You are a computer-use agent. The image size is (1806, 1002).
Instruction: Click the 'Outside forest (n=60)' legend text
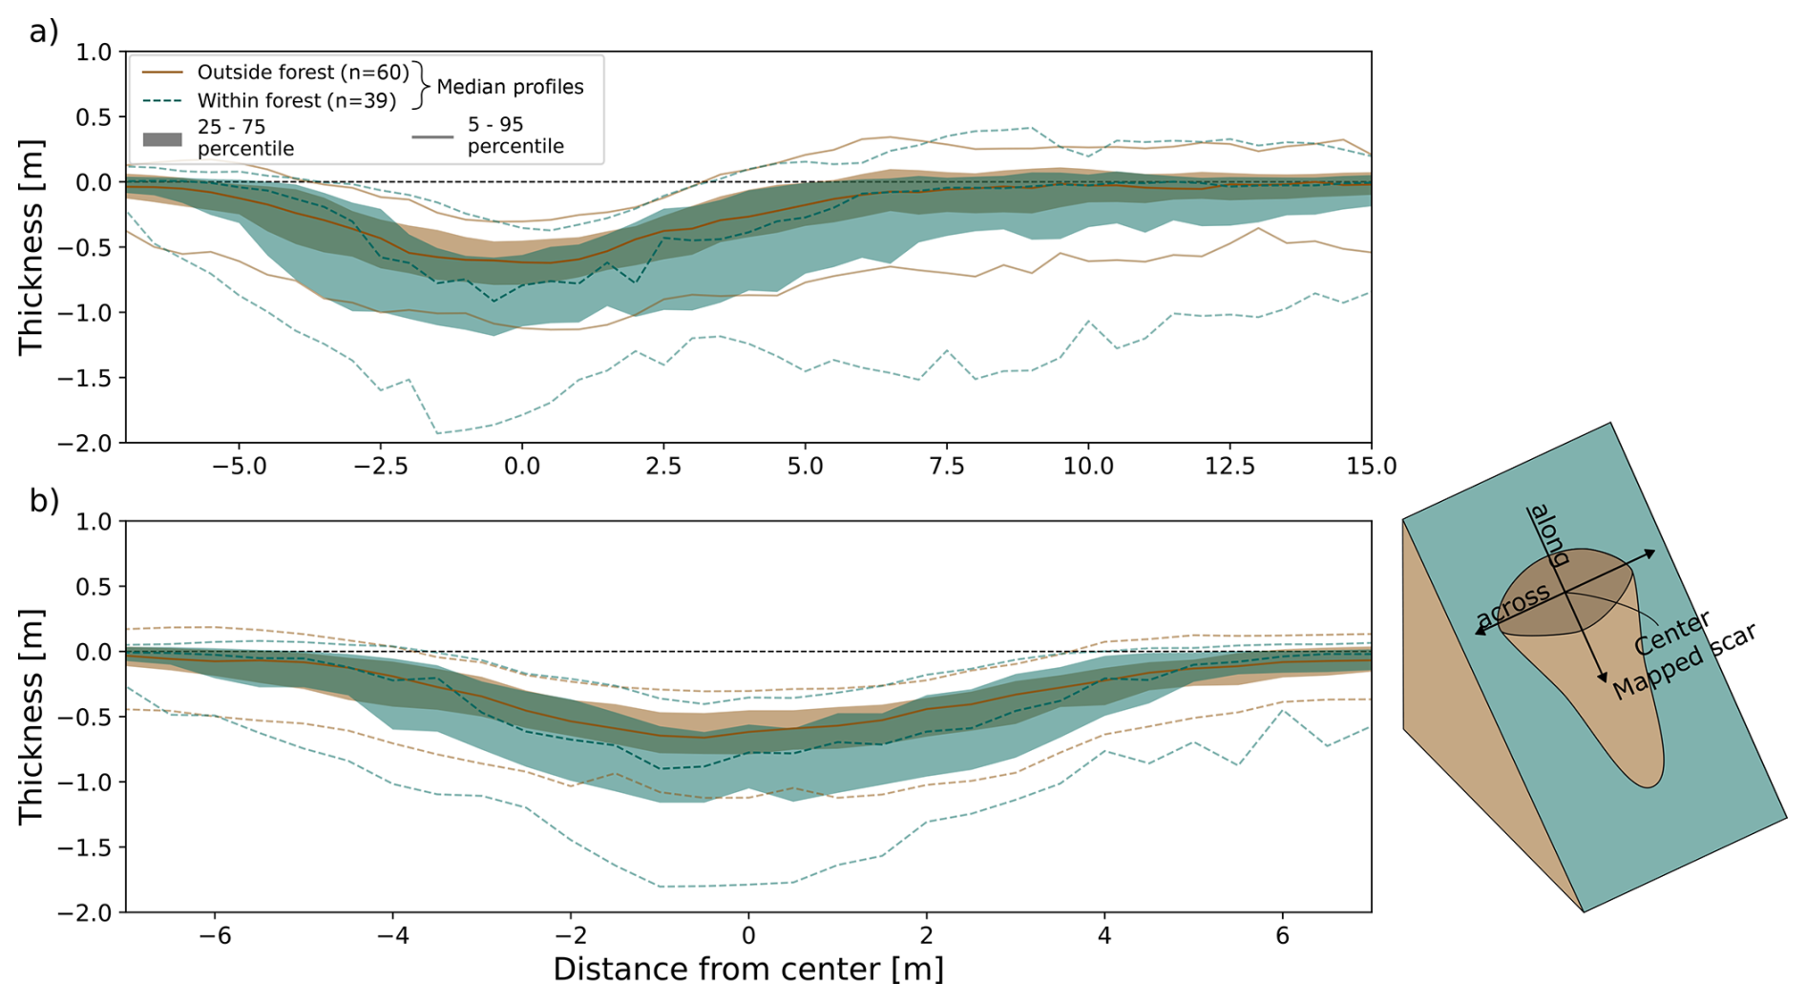click(303, 73)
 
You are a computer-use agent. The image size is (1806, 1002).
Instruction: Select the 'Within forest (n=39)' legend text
click(296, 100)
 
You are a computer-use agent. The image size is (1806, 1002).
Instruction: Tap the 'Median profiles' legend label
click(510, 87)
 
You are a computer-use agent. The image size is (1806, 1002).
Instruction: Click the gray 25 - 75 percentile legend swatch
click(162, 139)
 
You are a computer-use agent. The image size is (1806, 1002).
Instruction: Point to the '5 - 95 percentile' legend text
click(515, 136)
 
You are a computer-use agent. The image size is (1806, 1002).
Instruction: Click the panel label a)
click(44, 32)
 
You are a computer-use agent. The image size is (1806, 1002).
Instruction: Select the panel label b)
click(44, 500)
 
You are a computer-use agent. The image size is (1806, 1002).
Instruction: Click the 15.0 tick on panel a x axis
click(1371, 466)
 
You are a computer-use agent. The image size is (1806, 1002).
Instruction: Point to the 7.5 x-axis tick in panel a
click(946, 466)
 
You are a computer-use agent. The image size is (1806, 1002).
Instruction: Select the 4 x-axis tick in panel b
click(1104, 935)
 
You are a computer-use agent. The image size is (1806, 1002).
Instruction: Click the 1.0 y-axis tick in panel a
click(94, 52)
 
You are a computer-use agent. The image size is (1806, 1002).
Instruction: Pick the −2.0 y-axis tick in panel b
click(86, 912)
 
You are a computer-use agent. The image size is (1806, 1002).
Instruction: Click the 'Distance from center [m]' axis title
click(748, 970)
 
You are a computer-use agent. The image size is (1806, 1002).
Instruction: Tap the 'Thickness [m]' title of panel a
click(31, 246)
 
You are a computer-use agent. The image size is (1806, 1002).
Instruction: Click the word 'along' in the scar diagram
click(1548, 535)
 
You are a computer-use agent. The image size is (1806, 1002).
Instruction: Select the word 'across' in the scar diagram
click(1514, 606)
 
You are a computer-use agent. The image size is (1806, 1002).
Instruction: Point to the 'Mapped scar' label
click(1684, 661)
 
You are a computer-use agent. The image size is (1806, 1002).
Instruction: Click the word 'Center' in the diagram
click(1672, 633)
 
